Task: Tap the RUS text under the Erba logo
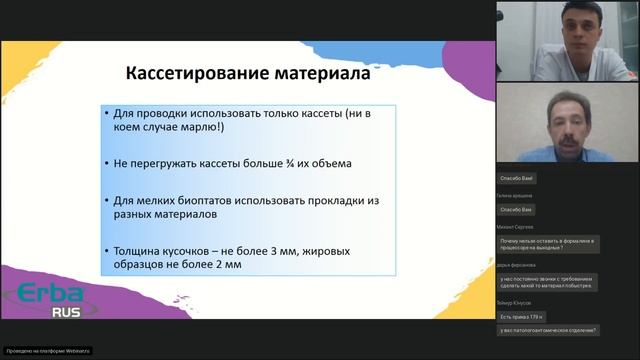pos(39,311)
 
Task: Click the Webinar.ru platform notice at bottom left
pos(48,350)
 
